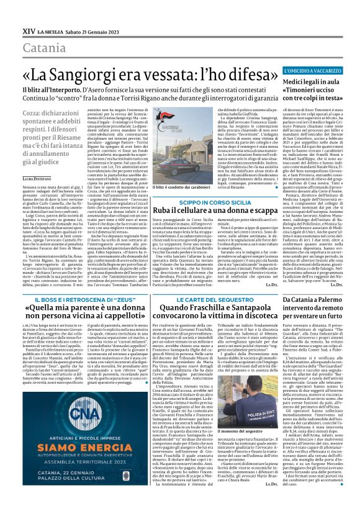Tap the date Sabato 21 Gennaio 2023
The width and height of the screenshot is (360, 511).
point(91,13)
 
